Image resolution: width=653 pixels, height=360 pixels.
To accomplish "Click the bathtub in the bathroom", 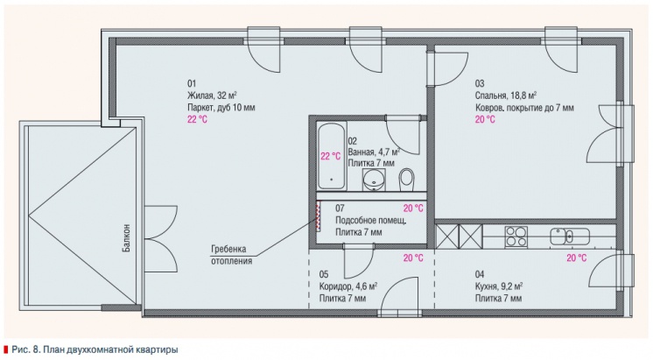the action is pos(332,156).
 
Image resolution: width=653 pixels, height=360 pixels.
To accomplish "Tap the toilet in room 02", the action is pos(406,180).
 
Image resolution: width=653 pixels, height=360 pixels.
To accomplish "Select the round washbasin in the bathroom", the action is pos(374,180).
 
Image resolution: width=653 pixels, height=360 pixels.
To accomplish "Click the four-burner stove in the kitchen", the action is pos(516,236).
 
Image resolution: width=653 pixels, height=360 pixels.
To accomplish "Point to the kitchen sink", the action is pos(569,236).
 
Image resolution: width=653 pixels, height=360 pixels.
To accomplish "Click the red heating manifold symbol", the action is pos(319,215).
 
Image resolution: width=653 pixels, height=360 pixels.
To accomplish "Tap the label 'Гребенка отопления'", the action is pos(232,255).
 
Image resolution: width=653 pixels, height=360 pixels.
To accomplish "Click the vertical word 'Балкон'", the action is pos(126,238).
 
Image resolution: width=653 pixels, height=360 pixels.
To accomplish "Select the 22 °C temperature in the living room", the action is pos(197,120).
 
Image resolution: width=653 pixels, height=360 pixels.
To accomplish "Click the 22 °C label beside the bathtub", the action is pos(330,156).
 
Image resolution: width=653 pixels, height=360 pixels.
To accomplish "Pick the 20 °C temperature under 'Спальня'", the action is pos(485,120).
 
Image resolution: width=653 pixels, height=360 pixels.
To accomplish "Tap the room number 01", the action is pos(192,83).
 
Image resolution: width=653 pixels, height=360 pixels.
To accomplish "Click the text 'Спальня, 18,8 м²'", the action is pos(506,95).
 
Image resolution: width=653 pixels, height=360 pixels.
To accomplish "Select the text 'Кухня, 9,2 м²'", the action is pos(498,286).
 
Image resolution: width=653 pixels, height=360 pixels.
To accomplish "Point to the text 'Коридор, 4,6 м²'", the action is pos(348,286).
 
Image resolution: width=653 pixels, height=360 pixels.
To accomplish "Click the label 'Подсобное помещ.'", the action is pos(370,221).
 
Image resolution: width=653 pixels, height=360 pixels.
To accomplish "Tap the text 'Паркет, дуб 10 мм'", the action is pos(221,108).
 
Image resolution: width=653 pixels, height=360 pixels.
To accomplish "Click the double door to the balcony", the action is pos(160,239).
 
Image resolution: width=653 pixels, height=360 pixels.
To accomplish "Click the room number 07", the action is pos(340,208).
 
